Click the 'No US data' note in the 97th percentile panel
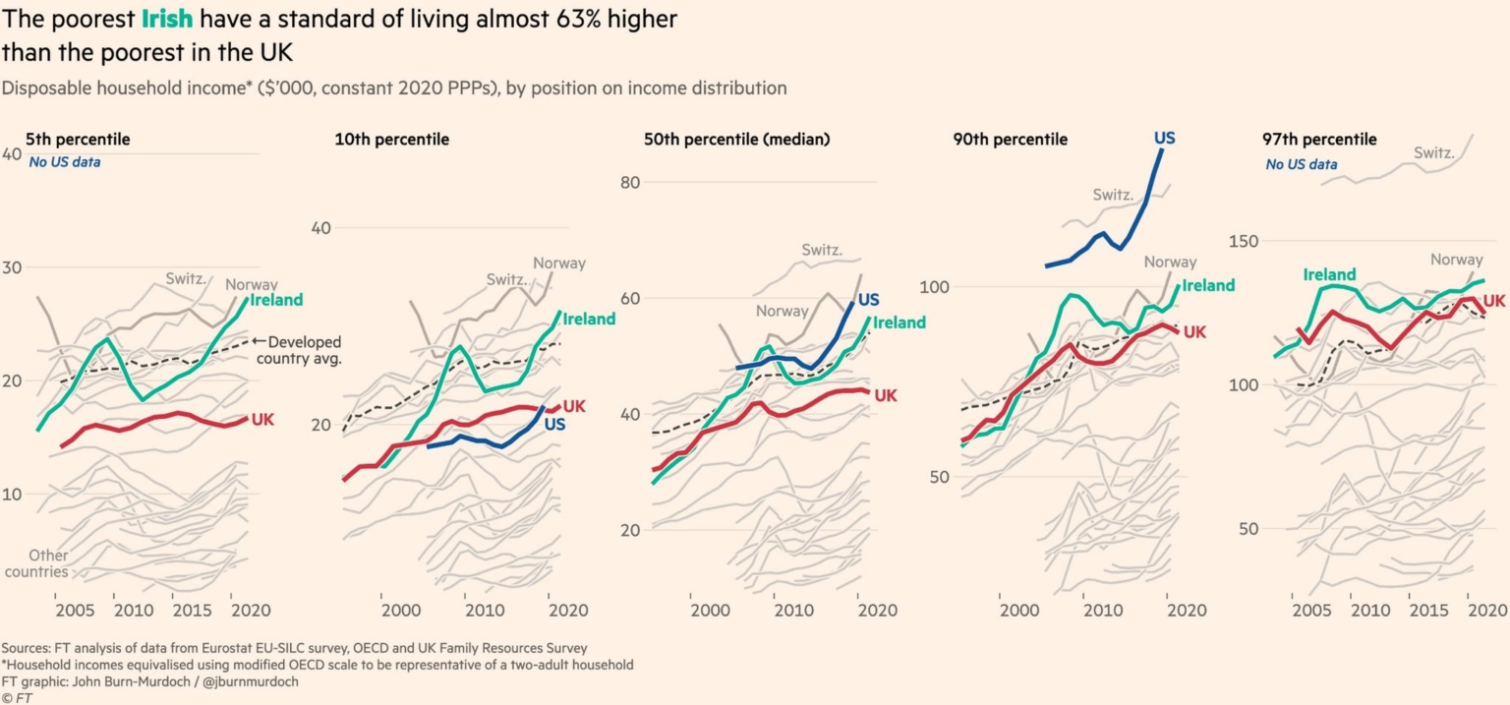click(1302, 164)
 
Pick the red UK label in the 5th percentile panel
click(262, 420)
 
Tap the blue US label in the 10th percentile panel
click(554, 425)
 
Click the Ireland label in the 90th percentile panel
click(1207, 285)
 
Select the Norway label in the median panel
click(782, 311)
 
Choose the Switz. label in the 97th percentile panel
click(1434, 152)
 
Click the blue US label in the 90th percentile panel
click(1164, 139)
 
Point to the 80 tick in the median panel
click(630, 182)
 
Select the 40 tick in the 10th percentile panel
click(320, 227)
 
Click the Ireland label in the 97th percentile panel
click(1330, 274)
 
